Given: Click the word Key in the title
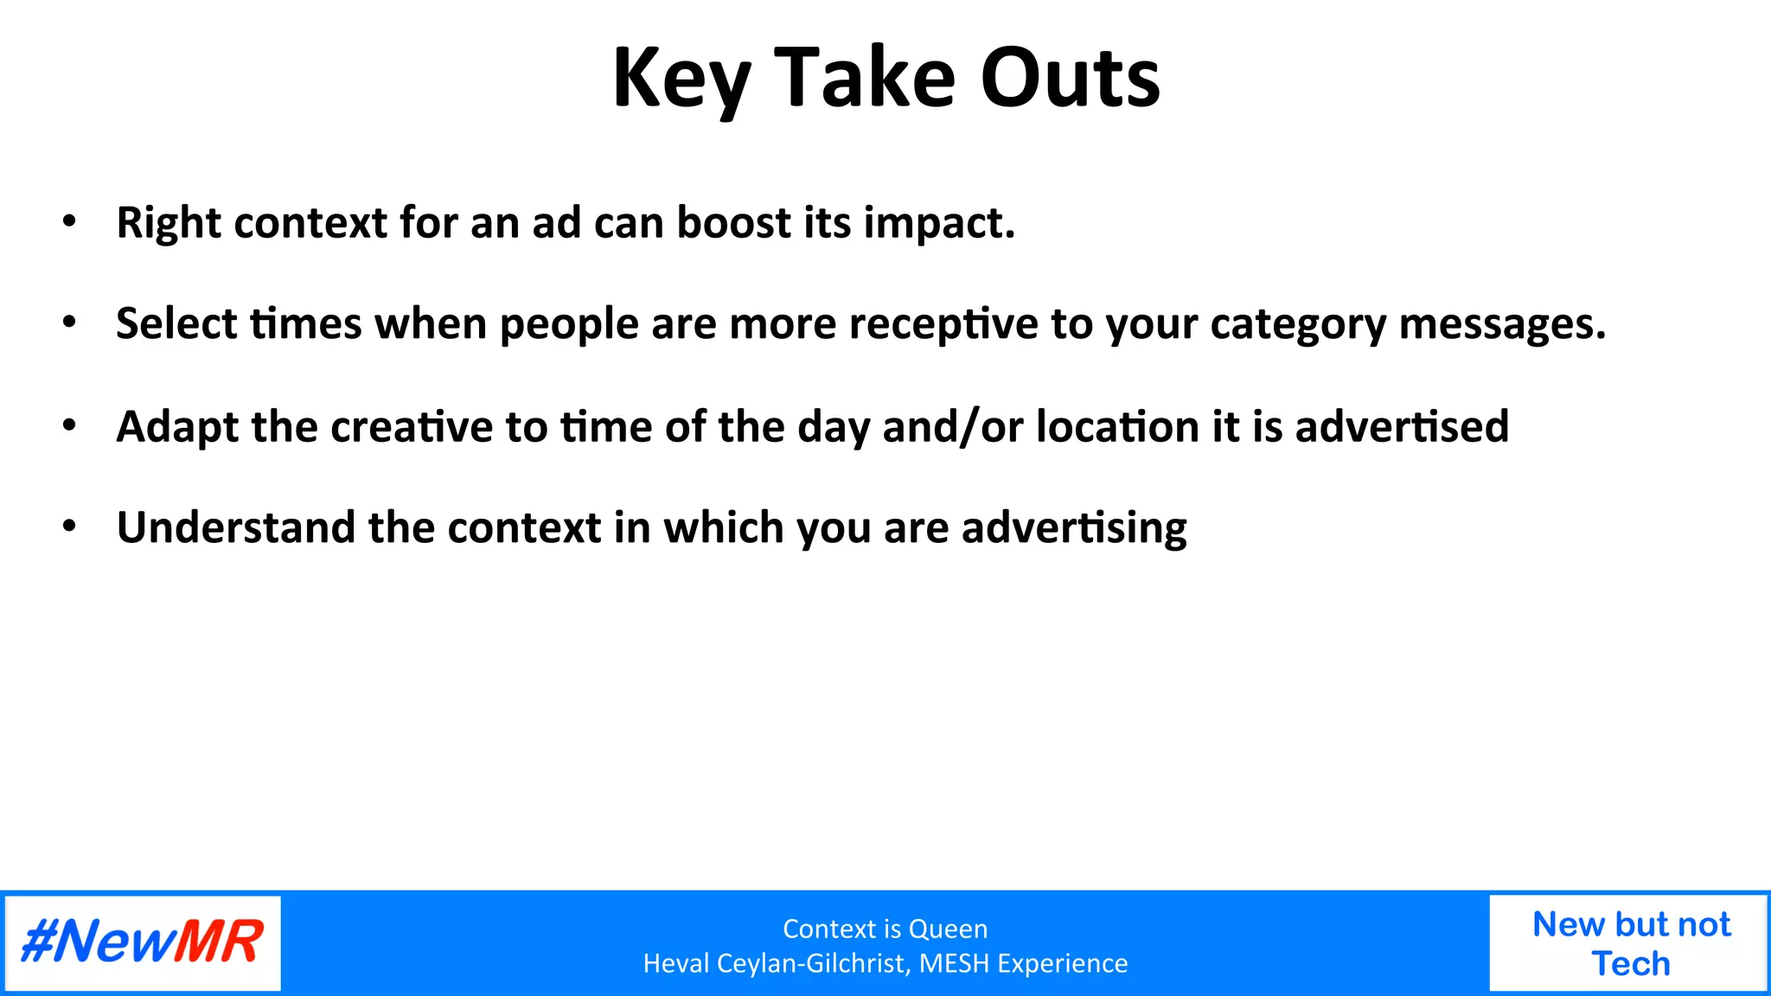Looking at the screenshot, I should pos(681,80).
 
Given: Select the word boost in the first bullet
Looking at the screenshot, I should pos(733,223).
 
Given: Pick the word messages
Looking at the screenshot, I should pos(1501,325).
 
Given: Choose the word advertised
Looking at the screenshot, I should pos(1401,427).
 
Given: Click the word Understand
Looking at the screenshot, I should pos(234,528).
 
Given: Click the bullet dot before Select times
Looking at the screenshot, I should pos(70,322).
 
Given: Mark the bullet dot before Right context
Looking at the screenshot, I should pos(70,221).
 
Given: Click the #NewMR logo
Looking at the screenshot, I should pos(143,942).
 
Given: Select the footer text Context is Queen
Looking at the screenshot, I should pos(885,929).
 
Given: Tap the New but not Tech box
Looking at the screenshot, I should pos(1630,943).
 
